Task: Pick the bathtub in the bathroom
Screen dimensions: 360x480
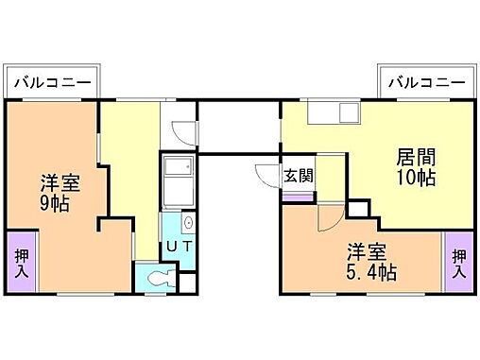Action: [x=177, y=183]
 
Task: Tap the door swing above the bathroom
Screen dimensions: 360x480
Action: [x=183, y=133]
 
